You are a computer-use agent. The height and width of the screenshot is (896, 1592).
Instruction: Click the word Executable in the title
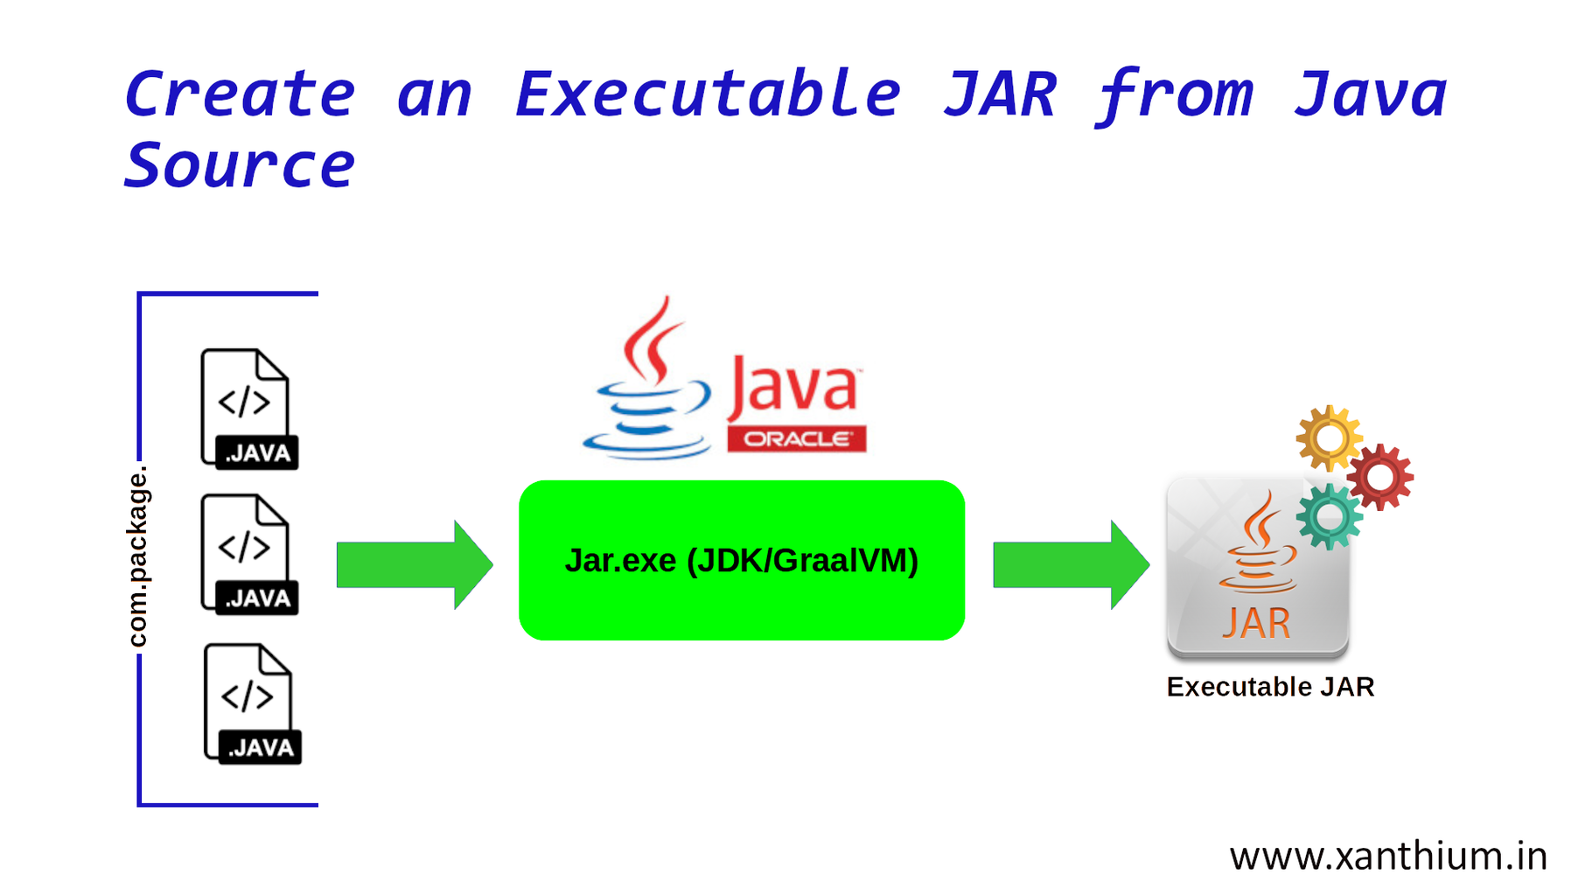click(x=707, y=94)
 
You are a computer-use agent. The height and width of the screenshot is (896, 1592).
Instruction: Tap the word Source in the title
click(x=239, y=166)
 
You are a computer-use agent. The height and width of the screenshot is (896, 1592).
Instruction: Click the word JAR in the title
click(x=1000, y=94)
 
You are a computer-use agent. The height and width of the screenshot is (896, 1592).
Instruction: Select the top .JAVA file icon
click(x=249, y=409)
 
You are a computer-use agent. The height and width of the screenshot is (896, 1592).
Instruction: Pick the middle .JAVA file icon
click(x=249, y=555)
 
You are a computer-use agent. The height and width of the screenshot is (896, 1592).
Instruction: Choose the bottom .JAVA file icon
click(x=252, y=704)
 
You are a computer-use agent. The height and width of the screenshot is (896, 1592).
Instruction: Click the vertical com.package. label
click(x=138, y=556)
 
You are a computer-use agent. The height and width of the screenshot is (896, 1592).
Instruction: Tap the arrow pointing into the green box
click(x=414, y=564)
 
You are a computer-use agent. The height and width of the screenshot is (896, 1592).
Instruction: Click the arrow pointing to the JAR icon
click(x=1070, y=564)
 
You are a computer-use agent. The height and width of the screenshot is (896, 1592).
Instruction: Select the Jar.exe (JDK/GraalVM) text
click(x=741, y=561)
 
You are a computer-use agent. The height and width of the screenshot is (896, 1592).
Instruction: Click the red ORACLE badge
click(x=796, y=439)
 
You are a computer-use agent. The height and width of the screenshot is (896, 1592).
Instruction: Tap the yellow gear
click(x=1328, y=437)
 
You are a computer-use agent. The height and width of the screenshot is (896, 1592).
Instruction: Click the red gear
click(x=1379, y=477)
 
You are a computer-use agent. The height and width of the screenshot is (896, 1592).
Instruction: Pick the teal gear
click(x=1329, y=516)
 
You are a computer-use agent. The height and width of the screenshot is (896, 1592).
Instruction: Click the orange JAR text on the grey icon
click(x=1256, y=624)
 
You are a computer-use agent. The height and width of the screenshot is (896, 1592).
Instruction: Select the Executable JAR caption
click(x=1270, y=687)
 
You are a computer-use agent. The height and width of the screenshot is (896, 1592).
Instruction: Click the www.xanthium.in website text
click(x=1387, y=856)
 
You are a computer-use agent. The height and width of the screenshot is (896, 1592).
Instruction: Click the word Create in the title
click(x=239, y=94)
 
